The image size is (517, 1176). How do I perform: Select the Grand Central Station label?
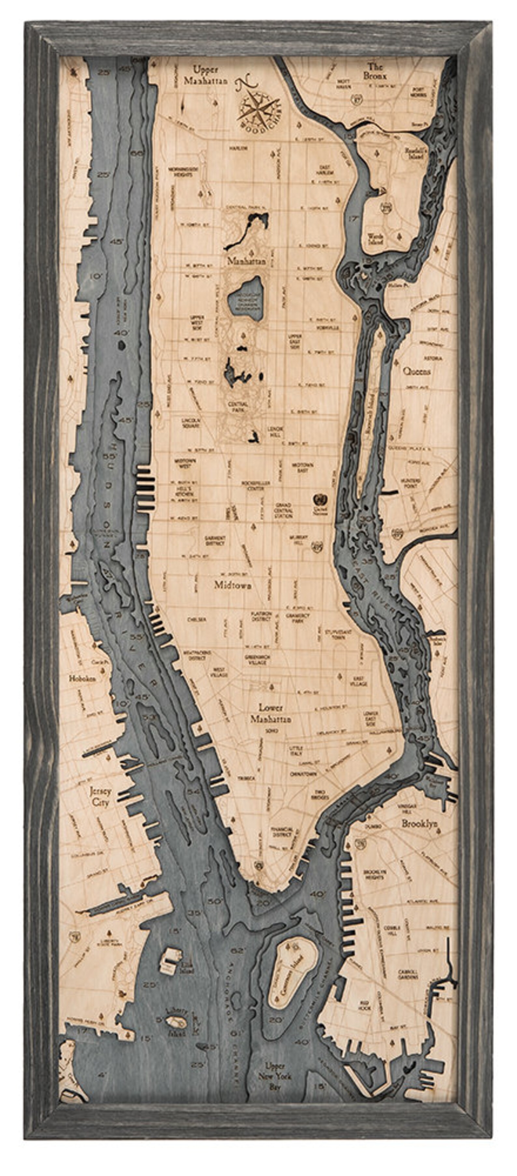[x=283, y=510]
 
